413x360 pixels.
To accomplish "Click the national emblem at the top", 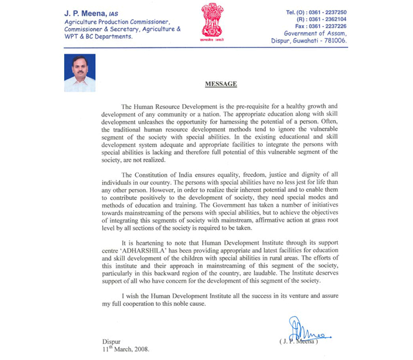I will [212, 22].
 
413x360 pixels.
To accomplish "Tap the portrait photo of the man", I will [80, 73].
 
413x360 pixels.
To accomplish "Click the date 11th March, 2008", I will [126, 349].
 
